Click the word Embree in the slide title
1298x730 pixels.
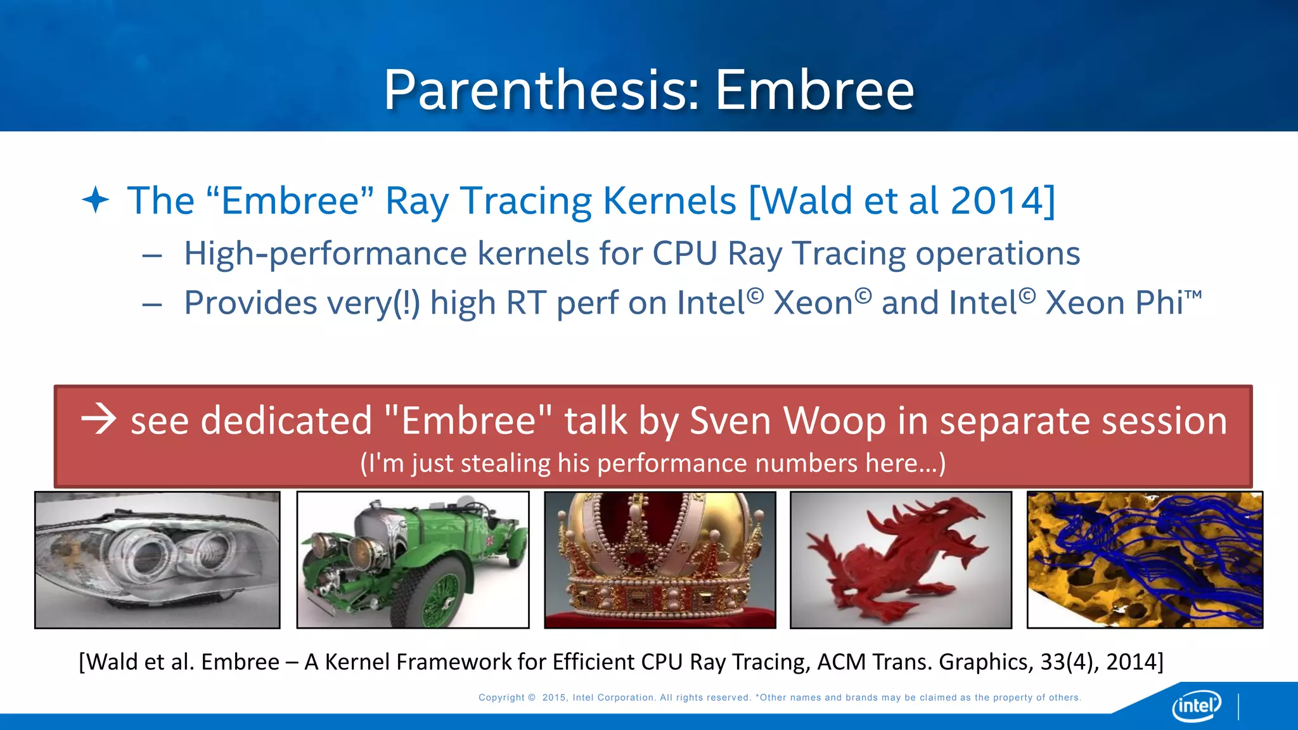[x=814, y=91]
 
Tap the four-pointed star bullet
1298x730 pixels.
[x=96, y=200]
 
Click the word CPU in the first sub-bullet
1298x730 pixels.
[x=684, y=253]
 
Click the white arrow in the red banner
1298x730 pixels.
[x=99, y=419]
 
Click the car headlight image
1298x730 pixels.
[x=157, y=560]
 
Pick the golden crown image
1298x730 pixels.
[x=660, y=560]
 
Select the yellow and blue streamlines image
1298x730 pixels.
[x=1145, y=560]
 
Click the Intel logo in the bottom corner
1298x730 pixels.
[x=1196, y=705]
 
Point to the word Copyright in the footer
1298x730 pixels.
[x=501, y=698]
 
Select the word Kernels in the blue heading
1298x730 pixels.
[x=669, y=201]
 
